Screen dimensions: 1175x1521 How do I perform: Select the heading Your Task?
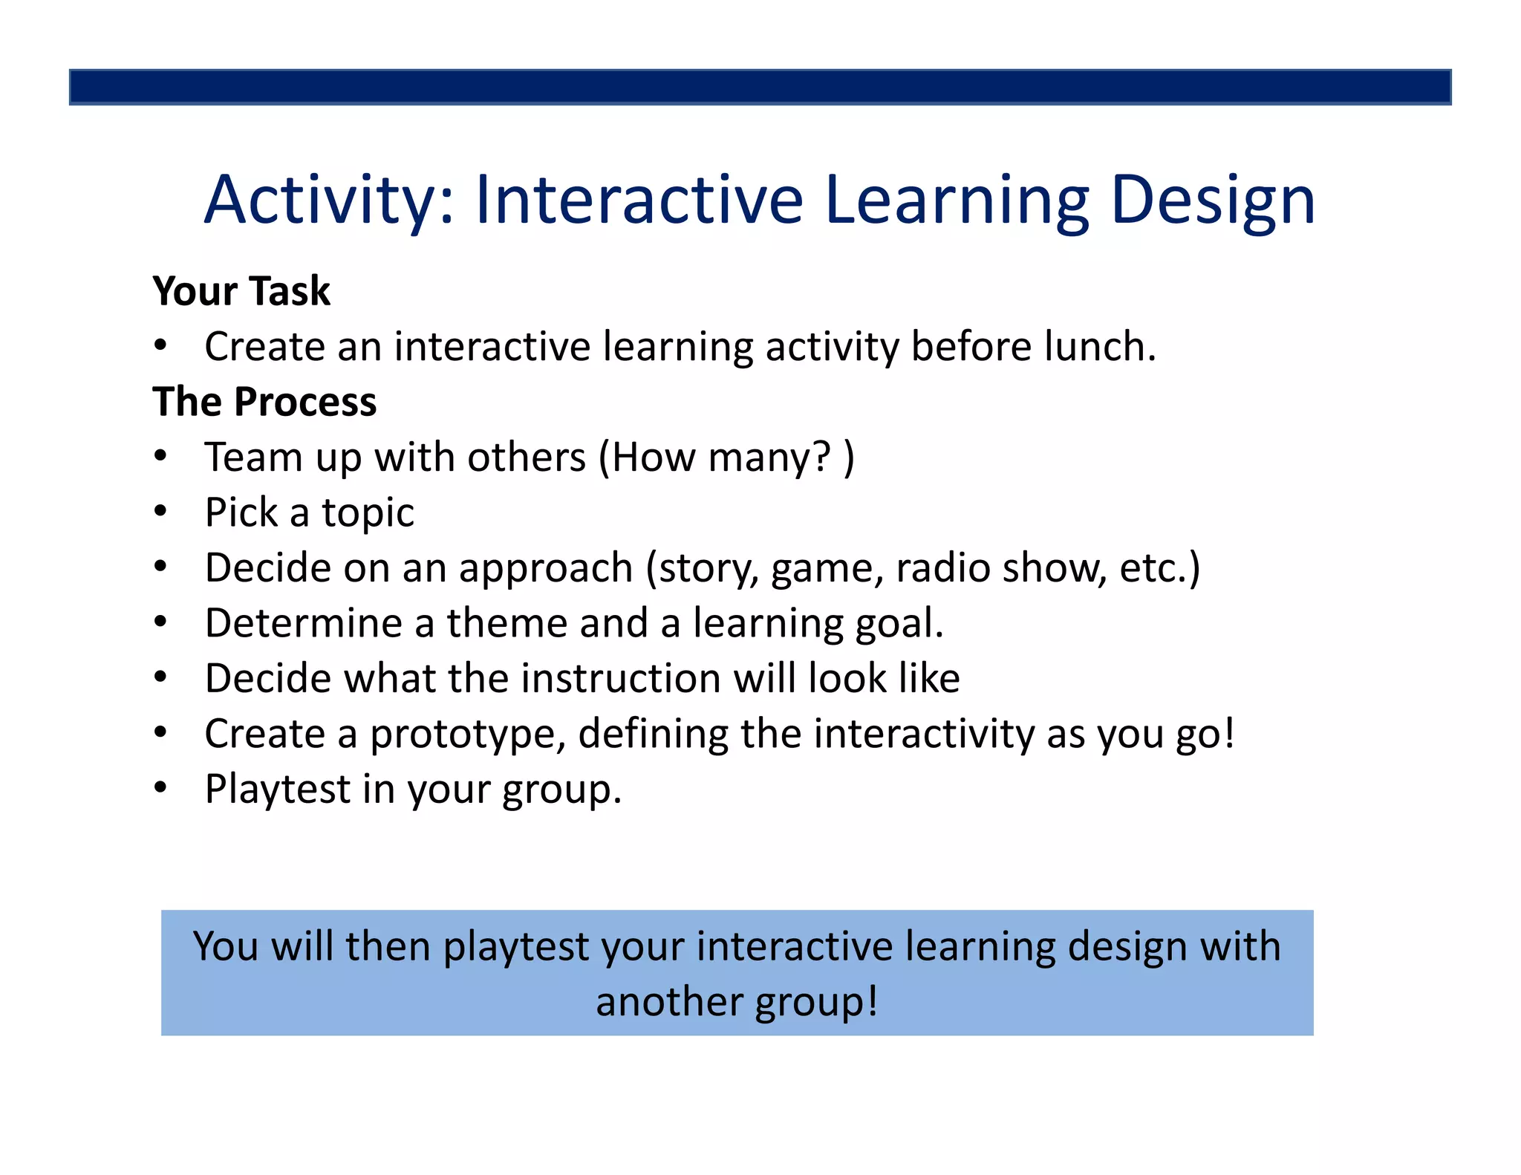pos(241,290)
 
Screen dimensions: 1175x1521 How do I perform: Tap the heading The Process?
pos(264,402)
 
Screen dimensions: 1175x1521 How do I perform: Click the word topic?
pos(368,512)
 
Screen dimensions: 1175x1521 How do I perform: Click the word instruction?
pos(621,678)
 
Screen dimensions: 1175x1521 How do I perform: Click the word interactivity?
pos(924,734)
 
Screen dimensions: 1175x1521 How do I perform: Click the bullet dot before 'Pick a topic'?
pos(160,511)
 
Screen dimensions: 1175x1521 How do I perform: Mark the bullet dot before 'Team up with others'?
pos(160,455)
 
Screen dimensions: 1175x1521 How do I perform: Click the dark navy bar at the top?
pos(760,87)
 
